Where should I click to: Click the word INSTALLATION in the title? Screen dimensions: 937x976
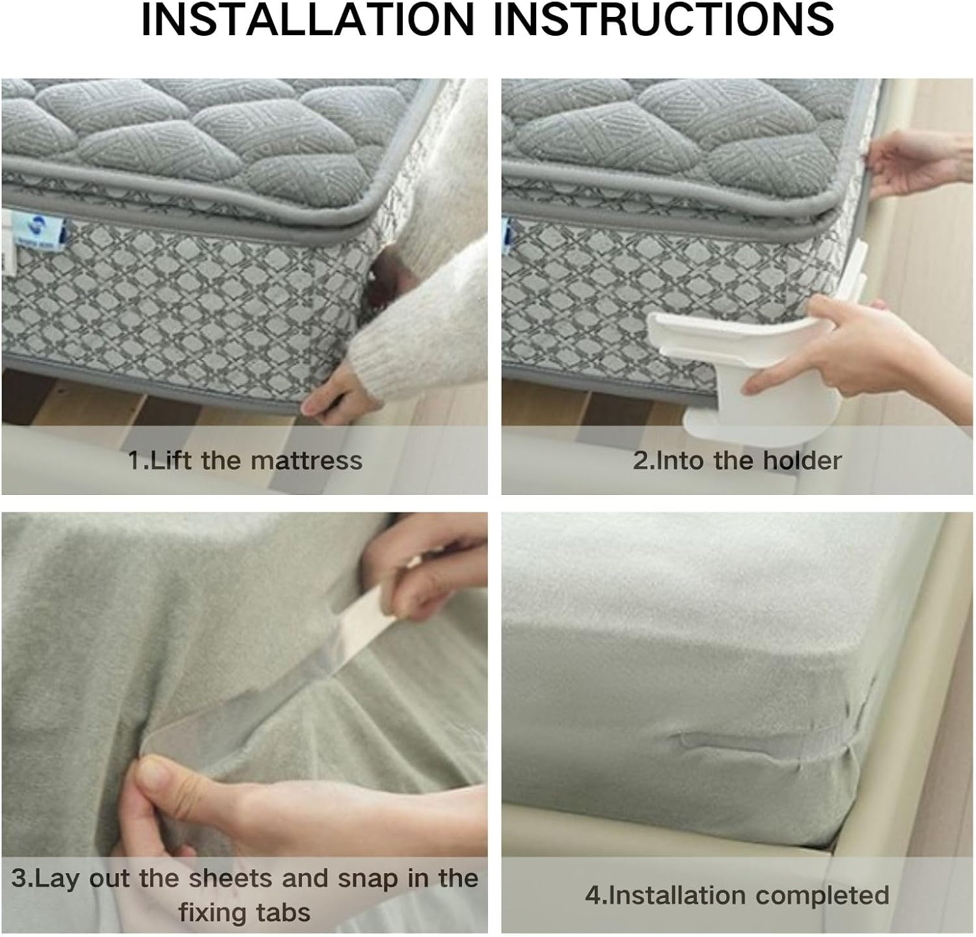click(x=308, y=20)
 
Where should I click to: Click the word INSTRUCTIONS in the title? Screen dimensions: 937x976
click(x=664, y=20)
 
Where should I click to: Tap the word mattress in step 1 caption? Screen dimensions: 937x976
click(x=306, y=460)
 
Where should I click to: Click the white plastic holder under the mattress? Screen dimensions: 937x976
click(x=709, y=365)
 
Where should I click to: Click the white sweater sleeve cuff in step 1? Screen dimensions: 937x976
click(x=384, y=352)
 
